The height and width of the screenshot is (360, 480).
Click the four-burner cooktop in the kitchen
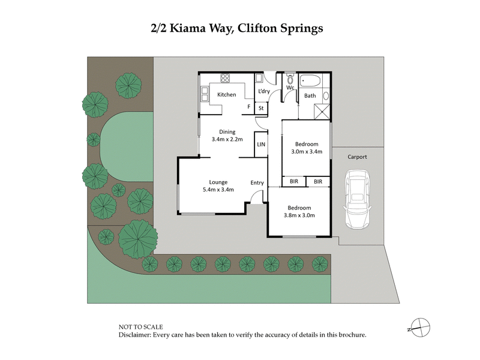coord(226,78)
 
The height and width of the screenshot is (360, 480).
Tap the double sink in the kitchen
coord(204,94)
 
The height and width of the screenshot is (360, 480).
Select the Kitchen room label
coord(226,95)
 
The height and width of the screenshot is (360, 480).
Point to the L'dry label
coord(263,91)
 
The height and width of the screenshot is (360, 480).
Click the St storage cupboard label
coord(262,108)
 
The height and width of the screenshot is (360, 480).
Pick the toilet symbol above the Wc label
coord(290,79)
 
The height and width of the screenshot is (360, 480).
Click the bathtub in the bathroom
coord(311,79)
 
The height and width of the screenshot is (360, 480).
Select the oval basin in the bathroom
coord(326,95)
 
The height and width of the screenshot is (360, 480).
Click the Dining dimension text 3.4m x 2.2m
coord(227,139)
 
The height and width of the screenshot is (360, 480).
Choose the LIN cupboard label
coord(261,145)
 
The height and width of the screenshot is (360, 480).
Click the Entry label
coord(257,182)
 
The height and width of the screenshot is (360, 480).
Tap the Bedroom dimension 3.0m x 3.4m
coord(307,152)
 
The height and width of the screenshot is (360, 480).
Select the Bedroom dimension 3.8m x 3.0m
coord(299,215)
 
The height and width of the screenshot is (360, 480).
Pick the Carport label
coord(357,157)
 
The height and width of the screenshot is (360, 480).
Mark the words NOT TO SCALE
coord(139,326)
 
